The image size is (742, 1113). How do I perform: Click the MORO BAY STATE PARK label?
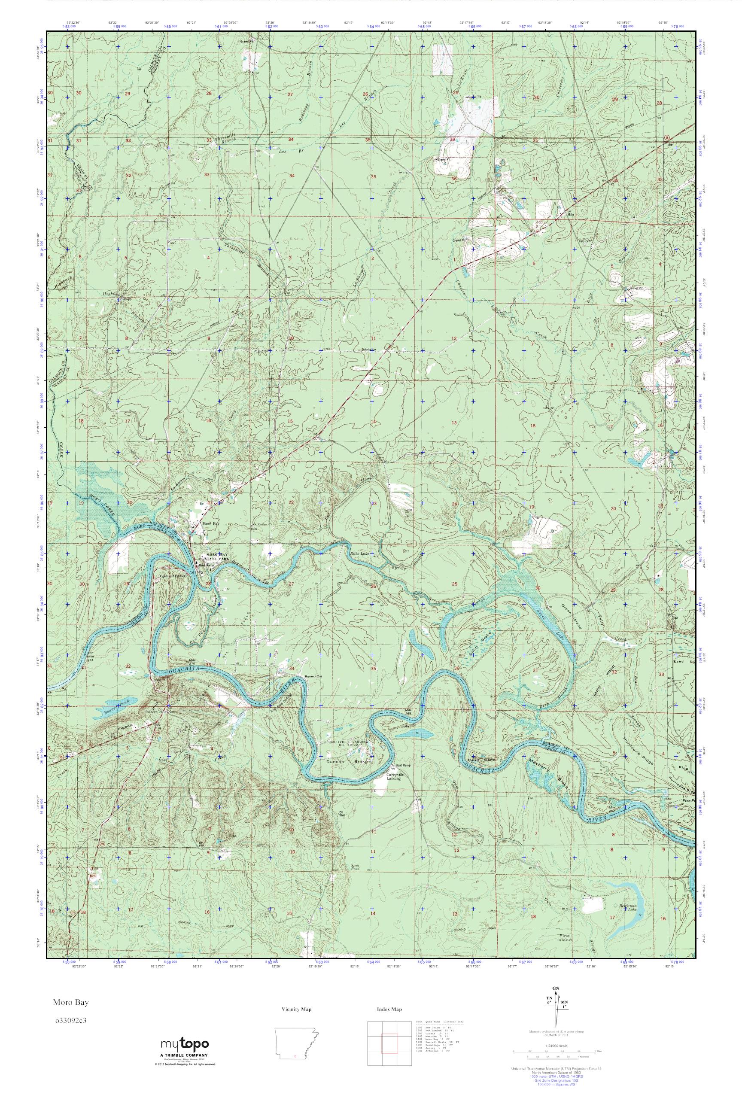click(x=215, y=556)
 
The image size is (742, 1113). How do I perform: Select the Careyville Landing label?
click(x=393, y=775)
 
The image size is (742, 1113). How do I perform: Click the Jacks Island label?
click(x=483, y=759)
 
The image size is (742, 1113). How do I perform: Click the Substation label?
click(x=368, y=350)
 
